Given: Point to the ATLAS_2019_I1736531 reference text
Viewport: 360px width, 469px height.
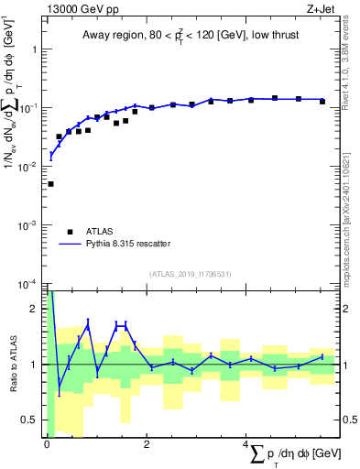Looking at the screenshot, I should [x=190, y=273].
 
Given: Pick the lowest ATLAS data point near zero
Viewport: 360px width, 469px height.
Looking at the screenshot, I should [x=50, y=184].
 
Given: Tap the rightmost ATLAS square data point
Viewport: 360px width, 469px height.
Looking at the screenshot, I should [x=322, y=102].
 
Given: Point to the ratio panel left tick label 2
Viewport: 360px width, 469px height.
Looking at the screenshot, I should [x=37, y=309].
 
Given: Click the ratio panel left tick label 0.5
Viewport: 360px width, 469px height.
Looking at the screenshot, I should [x=33, y=420].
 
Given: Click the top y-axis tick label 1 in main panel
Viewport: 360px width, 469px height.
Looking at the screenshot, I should [x=37, y=49].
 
